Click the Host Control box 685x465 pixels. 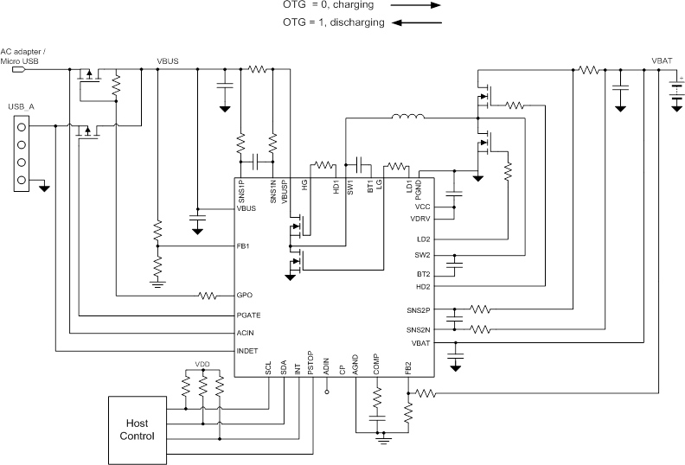pyautogui.click(x=140, y=430)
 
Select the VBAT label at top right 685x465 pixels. pyautogui.click(x=663, y=61)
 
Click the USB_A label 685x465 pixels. pyautogui.click(x=21, y=106)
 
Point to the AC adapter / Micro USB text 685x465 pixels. pyautogui.click(x=24, y=56)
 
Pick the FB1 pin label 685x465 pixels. pyautogui.click(x=243, y=246)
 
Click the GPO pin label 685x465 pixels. pyautogui.click(x=245, y=296)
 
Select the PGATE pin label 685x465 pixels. pyautogui.click(x=249, y=315)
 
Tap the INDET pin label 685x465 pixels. pyautogui.click(x=247, y=351)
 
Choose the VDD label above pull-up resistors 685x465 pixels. pyautogui.click(x=202, y=364)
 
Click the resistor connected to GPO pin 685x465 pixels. pyautogui.click(x=208, y=296)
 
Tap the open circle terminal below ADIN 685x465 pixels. pyautogui.click(x=326, y=392)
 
